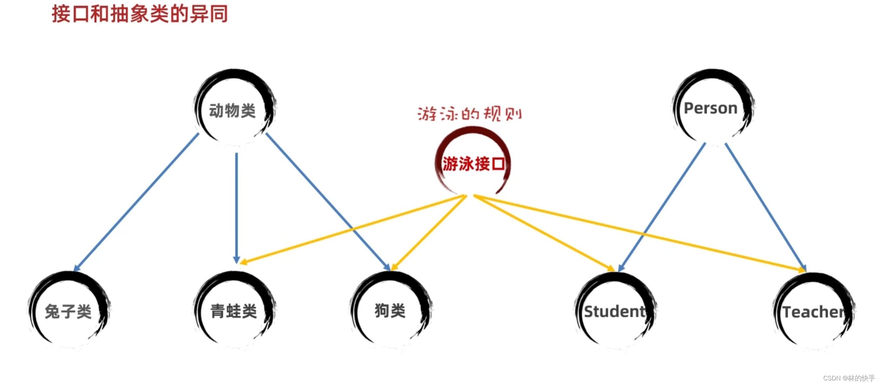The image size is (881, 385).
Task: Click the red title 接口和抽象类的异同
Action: click(140, 14)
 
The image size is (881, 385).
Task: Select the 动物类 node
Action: click(233, 111)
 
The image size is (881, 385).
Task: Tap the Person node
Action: click(711, 108)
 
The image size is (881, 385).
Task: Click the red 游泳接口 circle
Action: click(473, 164)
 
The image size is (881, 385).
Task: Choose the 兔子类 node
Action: click(68, 311)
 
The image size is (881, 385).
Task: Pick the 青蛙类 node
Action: click(234, 311)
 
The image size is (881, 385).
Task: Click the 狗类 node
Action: click(390, 310)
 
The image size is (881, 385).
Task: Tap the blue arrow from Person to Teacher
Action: click(763, 205)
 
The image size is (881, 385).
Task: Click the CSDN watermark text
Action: click(849, 378)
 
